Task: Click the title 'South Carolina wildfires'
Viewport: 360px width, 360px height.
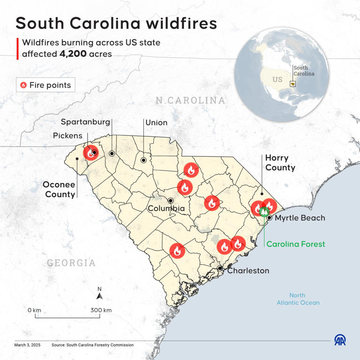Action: point(116,23)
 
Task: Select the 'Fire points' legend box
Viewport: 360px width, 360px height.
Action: point(45,85)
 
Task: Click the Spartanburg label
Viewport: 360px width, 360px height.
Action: point(85,122)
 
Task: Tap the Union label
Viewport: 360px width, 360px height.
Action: point(156,122)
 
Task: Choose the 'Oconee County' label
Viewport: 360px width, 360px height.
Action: point(60,189)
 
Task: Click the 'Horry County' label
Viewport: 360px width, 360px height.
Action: point(280,163)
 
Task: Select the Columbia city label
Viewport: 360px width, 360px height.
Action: point(166,208)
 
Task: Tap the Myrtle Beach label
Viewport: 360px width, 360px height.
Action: point(300,218)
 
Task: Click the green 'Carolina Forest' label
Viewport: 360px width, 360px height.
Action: point(295,244)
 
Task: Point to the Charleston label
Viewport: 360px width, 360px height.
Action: point(248,270)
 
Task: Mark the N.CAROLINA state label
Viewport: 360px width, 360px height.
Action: point(190,100)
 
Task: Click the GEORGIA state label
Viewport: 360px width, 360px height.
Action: point(71,262)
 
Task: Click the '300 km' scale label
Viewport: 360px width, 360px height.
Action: point(101,310)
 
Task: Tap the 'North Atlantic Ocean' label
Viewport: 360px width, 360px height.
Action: point(298,299)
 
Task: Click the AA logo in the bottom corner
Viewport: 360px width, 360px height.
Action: point(341,340)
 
